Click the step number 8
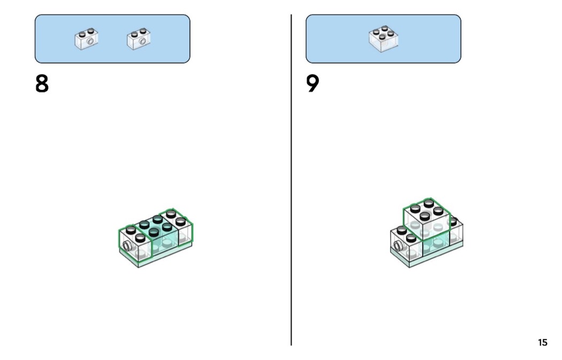point(42,83)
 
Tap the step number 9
point(313,83)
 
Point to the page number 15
point(543,342)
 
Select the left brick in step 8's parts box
point(87,39)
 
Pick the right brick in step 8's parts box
point(139,39)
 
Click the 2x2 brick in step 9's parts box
point(383,39)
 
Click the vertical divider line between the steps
point(291,180)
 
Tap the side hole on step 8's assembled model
point(127,246)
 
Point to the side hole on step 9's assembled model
point(398,246)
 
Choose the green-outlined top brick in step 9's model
point(427,218)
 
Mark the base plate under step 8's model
point(156,255)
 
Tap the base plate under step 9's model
point(427,255)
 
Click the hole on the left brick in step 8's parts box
point(92,42)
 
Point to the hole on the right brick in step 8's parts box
point(143,42)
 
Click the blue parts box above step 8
point(112,39)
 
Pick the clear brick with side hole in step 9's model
point(407,243)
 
